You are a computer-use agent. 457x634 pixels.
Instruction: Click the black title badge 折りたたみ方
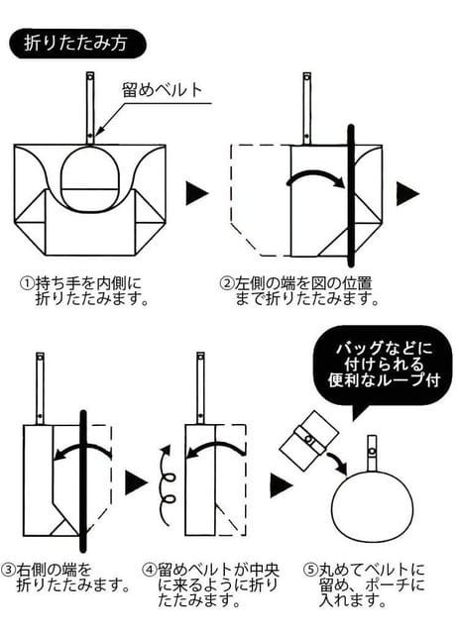point(77,44)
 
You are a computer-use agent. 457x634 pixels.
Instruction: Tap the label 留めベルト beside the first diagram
point(162,89)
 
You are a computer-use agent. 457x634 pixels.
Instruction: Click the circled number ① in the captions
point(27,282)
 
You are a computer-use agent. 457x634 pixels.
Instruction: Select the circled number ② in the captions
point(226,282)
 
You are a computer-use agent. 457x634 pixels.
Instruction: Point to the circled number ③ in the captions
point(8,571)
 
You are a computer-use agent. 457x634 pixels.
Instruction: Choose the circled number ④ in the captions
point(150,571)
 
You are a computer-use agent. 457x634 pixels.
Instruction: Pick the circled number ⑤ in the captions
point(310,571)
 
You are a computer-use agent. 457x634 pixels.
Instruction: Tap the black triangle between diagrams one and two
point(197,193)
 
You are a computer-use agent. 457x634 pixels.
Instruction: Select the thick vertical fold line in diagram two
point(351,196)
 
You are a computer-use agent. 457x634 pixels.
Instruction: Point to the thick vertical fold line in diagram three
point(83,481)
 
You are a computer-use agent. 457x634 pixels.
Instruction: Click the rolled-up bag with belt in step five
point(308,441)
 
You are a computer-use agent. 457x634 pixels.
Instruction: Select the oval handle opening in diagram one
point(90,180)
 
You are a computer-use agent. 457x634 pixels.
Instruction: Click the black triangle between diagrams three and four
point(136,482)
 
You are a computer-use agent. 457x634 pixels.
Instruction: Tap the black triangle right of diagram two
point(407,193)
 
